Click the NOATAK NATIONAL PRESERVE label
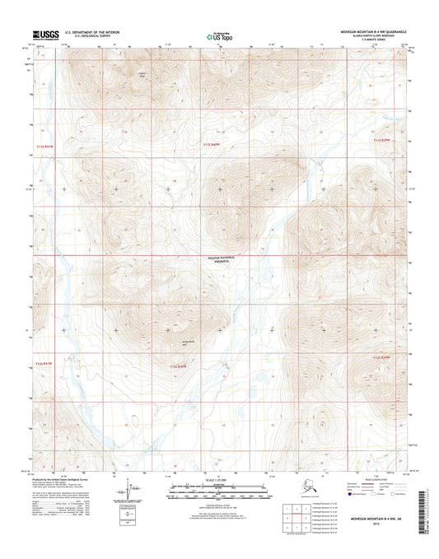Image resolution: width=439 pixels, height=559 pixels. [220, 260]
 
